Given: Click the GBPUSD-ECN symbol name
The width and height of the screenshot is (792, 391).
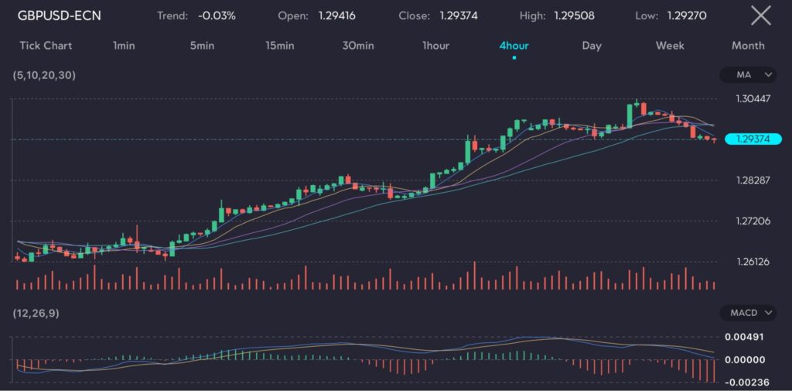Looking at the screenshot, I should (60, 15).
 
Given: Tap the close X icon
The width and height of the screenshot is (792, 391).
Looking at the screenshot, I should (761, 15).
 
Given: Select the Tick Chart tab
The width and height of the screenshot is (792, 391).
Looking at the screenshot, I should (46, 46).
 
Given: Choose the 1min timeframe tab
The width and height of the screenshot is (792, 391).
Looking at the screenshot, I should (124, 46).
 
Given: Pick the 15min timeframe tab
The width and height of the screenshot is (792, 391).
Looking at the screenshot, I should (279, 46).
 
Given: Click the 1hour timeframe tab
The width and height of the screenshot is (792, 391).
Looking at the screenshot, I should (435, 46).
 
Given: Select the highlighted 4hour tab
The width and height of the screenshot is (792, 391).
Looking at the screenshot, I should (514, 46).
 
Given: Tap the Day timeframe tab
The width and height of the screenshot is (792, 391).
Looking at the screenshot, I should (592, 46).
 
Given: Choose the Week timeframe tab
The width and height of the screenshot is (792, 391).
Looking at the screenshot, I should (670, 46).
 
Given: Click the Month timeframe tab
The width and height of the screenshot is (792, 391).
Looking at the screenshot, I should (748, 46).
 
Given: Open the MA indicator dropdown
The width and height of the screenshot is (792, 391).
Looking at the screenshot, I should (747, 75).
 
